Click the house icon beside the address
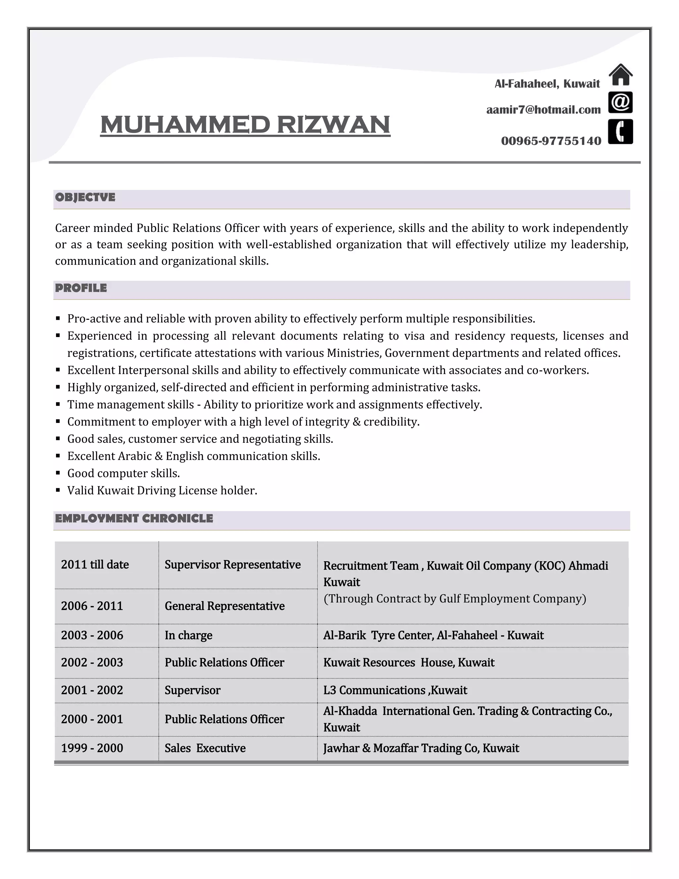(x=620, y=75)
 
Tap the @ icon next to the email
(x=620, y=102)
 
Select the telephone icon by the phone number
(x=620, y=132)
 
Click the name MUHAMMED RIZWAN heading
(x=245, y=125)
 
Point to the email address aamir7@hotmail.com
(x=543, y=110)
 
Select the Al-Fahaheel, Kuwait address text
(x=547, y=84)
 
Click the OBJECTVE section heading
(x=85, y=198)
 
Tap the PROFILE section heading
(x=81, y=288)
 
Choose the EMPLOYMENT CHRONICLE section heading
(x=134, y=518)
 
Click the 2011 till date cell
(x=95, y=565)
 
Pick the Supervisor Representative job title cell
(x=232, y=565)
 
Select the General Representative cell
(x=224, y=606)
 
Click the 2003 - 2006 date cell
(x=92, y=636)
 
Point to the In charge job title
(x=188, y=636)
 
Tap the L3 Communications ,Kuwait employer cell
(x=395, y=690)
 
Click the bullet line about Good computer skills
(x=123, y=473)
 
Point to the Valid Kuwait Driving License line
(x=162, y=491)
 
